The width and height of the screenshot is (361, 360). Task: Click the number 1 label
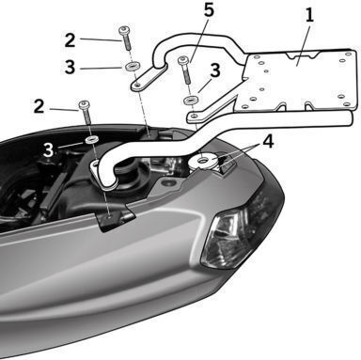[309, 15]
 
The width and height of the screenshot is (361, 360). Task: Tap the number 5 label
[209, 9]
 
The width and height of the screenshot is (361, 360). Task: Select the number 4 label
[268, 142]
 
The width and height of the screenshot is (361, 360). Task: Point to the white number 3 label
[48, 150]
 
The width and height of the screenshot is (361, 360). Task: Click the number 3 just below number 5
[215, 70]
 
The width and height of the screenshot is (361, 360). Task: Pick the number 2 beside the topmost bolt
[70, 40]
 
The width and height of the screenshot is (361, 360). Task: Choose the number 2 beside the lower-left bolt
[39, 106]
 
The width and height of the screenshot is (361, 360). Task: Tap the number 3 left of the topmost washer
[70, 67]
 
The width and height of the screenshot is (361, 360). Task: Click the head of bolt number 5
[182, 59]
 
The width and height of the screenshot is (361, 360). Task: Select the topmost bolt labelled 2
[125, 38]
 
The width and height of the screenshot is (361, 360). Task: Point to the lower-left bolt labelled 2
[86, 112]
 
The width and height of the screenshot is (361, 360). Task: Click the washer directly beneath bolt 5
[191, 101]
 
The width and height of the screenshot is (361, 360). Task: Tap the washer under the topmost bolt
[133, 66]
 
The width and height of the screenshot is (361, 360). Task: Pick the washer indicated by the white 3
[92, 139]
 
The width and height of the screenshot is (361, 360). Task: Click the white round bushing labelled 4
[204, 161]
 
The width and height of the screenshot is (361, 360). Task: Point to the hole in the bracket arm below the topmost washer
[136, 85]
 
